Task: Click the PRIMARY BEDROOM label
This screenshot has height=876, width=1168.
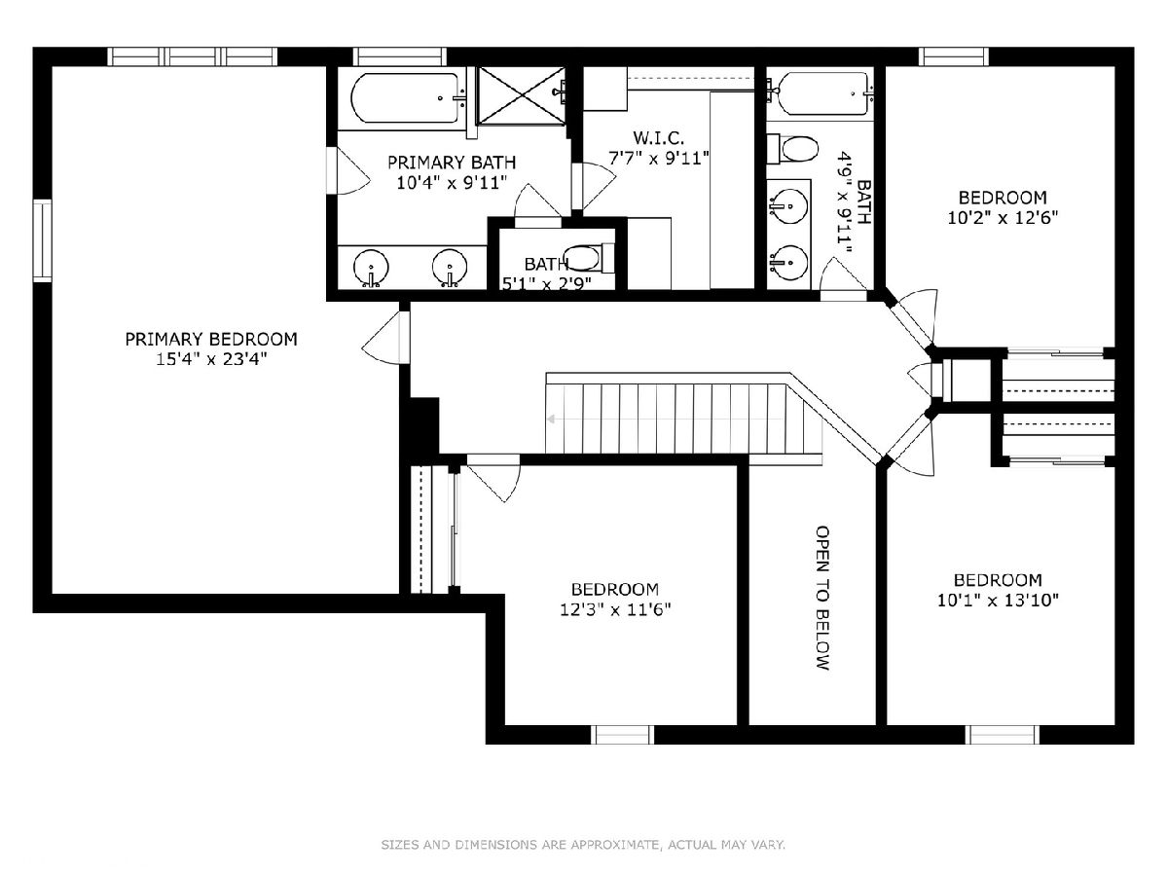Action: pos(211,340)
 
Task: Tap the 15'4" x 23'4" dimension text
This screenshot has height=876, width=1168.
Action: pos(211,359)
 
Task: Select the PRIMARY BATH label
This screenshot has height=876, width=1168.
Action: pos(452,163)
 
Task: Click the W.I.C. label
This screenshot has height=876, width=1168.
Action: pos(659,138)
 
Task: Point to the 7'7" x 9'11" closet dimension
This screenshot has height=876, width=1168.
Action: pos(659,159)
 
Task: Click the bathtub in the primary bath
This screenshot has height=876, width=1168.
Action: pos(406,98)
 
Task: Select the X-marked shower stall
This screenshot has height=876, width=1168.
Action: pos(521,95)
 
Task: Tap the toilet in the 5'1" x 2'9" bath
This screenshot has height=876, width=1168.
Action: pos(589,257)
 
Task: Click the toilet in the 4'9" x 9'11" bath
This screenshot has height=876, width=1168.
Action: pos(793,148)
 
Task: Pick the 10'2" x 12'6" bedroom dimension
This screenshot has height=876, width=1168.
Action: pos(1003,218)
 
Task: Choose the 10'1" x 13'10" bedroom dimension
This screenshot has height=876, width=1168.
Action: pos(998,601)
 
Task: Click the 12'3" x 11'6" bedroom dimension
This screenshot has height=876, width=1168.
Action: pos(614,609)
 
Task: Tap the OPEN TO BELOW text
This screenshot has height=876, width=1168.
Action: pos(822,599)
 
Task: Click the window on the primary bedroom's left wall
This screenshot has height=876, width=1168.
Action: pos(43,240)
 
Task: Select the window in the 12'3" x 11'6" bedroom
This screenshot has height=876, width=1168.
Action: pos(622,735)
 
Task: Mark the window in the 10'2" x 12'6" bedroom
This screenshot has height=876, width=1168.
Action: pos(954,56)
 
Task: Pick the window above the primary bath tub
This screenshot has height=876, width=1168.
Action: pos(400,56)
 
